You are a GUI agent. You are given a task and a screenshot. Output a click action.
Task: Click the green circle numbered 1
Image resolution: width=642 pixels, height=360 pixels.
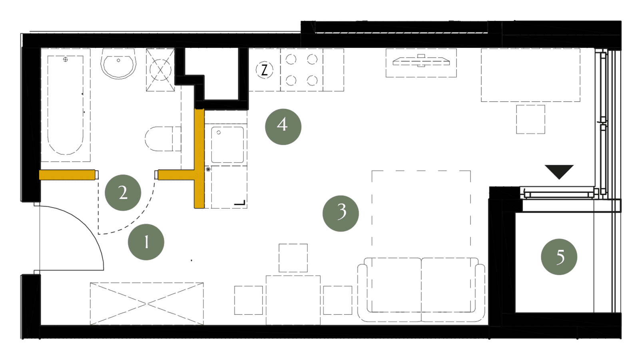[x=146, y=242]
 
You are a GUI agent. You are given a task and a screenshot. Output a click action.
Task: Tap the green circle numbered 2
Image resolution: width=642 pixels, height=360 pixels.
[x=123, y=192]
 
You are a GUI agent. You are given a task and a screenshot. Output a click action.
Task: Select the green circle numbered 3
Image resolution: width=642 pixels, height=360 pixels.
[x=341, y=213]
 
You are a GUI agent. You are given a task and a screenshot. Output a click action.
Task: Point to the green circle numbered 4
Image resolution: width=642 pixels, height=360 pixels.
[x=283, y=126]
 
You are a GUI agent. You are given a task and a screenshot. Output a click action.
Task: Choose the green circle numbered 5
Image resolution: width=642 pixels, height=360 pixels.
[x=559, y=257]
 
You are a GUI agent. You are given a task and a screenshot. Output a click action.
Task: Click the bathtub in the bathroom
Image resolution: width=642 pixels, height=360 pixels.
[x=66, y=105]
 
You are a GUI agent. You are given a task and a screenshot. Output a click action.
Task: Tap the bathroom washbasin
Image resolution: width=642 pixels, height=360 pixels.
[x=118, y=64]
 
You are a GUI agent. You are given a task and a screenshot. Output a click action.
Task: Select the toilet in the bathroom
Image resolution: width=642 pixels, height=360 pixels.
[x=163, y=139]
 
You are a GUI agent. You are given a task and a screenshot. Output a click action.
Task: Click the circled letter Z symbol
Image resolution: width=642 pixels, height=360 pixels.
[x=264, y=70]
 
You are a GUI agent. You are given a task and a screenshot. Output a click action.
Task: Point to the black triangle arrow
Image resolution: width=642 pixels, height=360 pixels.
[x=559, y=172]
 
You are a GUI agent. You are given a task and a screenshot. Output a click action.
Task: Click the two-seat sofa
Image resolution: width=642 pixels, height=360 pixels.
[x=421, y=290]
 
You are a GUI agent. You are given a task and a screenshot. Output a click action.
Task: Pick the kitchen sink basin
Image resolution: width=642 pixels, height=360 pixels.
[x=227, y=145]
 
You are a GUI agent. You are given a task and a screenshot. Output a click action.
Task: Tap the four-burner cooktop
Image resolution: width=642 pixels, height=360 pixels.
[x=301, y=70]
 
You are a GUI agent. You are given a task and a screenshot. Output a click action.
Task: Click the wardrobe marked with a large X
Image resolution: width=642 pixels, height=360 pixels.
[x=147, y=304]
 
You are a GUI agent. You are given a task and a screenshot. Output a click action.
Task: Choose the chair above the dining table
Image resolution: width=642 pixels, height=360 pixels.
[x=293, y=258]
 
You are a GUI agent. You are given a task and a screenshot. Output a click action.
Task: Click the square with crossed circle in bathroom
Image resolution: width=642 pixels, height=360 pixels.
[x=160, y=70]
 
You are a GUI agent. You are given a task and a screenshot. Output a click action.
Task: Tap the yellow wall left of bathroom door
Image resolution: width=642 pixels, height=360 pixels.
[x=67, y=175]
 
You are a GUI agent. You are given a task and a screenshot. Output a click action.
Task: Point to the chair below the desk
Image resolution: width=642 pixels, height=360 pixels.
[x=530, y=119]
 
